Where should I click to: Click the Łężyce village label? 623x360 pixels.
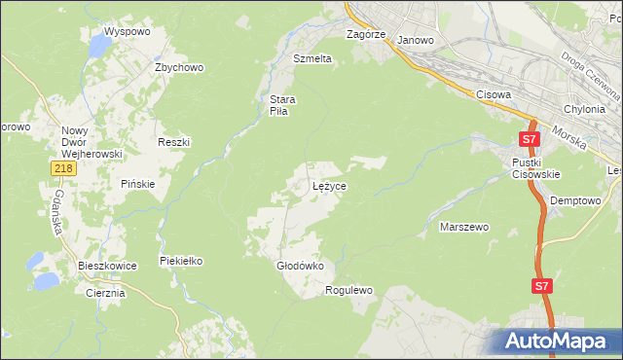point(329,185)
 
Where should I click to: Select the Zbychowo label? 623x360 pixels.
point(178,67)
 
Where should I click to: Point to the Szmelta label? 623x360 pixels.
point(312,58)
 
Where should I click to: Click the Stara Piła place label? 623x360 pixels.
point(282,105)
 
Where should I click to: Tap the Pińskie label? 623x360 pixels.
point(137,183)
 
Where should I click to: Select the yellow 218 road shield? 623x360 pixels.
point(62,169)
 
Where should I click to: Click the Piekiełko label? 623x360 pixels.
point(181,261)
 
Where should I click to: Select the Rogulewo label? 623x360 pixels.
point(348,290)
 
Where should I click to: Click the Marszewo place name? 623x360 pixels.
point(464,227)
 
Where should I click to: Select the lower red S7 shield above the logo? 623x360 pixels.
point(542,286)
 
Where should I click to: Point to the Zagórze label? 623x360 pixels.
point(367,34)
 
